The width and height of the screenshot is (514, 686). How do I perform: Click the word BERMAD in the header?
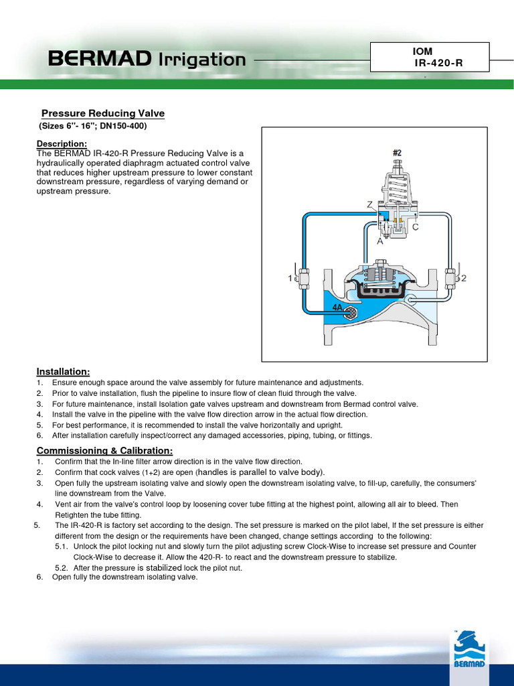click(98, 60)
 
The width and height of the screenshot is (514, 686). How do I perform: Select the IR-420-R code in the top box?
click(438, 63)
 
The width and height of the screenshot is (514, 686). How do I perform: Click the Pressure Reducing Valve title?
click(103, 113)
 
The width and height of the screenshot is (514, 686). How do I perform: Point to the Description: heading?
click(62, 144)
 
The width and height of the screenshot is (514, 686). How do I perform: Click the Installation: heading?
click(63, 371)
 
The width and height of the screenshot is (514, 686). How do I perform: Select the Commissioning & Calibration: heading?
click(104, 450)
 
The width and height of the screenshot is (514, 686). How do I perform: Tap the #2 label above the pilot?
click(397, 153)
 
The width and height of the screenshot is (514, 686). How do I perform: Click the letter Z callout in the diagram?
click(369, 204)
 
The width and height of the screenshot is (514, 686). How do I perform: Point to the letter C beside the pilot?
click(415, 227)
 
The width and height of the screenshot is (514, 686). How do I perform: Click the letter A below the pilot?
click(379, 241)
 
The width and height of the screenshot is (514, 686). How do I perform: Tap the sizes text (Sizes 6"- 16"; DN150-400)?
click(92, 126)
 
